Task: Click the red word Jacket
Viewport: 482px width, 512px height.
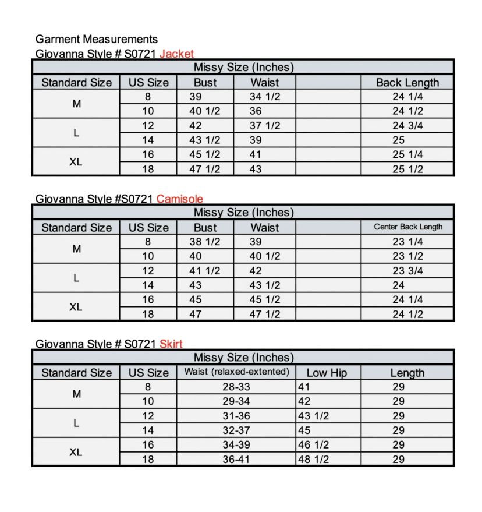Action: click(176, 54)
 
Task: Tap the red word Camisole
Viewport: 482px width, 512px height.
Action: click(179, 199)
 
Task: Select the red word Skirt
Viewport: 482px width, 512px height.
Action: click(171, 344)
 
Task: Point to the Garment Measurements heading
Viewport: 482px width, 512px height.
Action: click(96, 39)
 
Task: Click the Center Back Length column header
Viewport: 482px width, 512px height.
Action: click(407, 227)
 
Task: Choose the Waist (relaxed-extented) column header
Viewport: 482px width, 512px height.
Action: click(236, 372)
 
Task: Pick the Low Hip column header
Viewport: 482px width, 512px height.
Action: click(325, 373)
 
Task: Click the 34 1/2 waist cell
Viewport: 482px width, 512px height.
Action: click(264, 97)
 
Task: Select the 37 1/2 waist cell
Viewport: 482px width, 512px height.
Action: click(264, 126)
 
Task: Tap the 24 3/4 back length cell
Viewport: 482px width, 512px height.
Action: click(407, 126)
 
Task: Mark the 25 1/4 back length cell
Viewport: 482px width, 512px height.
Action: click(407, 154)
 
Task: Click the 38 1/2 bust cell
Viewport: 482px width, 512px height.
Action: click(205, 242)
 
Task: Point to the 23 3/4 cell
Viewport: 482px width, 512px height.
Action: click(407, 271)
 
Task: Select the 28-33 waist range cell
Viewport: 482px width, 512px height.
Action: click(236, 387)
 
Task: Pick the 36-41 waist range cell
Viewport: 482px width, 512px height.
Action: click(236, 459)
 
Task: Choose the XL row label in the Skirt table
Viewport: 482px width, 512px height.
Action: click(76, 452)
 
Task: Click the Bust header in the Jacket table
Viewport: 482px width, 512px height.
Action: click(205, 82)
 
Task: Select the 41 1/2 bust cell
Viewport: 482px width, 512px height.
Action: click(205, 271)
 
